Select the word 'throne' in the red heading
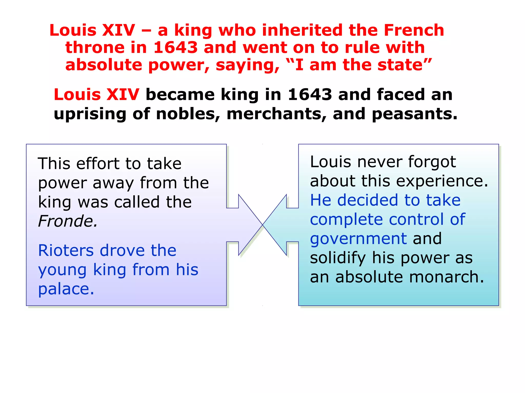pos(95,48)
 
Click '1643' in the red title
pos(176,48)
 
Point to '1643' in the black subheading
pos(310,94)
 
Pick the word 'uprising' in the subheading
pos(90,114)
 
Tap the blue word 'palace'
pos(66,289)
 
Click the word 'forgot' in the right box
pos(432,162)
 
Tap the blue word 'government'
pos(358,239)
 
